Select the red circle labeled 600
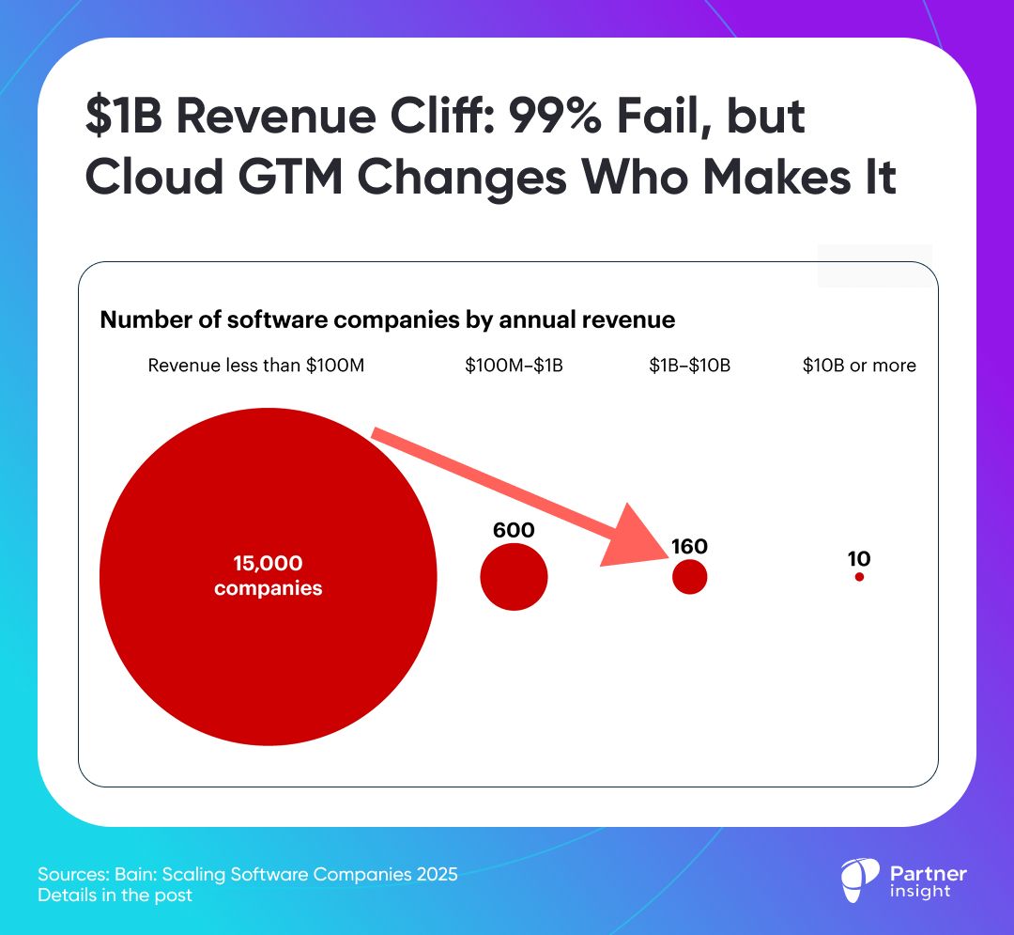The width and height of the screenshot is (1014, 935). (514, 577)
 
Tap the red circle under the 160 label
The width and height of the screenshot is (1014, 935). (690, 577)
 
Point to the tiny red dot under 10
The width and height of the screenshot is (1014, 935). (859, 577)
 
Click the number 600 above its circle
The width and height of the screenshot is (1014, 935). (514, 530)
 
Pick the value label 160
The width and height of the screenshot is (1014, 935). (689, 546)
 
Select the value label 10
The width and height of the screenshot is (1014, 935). (859, 559)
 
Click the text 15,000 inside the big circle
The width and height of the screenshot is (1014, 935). (268, 564)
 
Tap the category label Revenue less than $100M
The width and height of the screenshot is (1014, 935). (256, 366)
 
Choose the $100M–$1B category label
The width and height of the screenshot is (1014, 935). (514, 366)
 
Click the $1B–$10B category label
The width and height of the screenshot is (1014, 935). (689, 366)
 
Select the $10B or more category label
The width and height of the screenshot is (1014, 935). (859, 366)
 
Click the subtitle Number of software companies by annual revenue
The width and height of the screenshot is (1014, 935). (387, 319)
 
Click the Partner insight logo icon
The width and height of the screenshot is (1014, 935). (859, 881)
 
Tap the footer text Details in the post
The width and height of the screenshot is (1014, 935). (115, 896)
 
